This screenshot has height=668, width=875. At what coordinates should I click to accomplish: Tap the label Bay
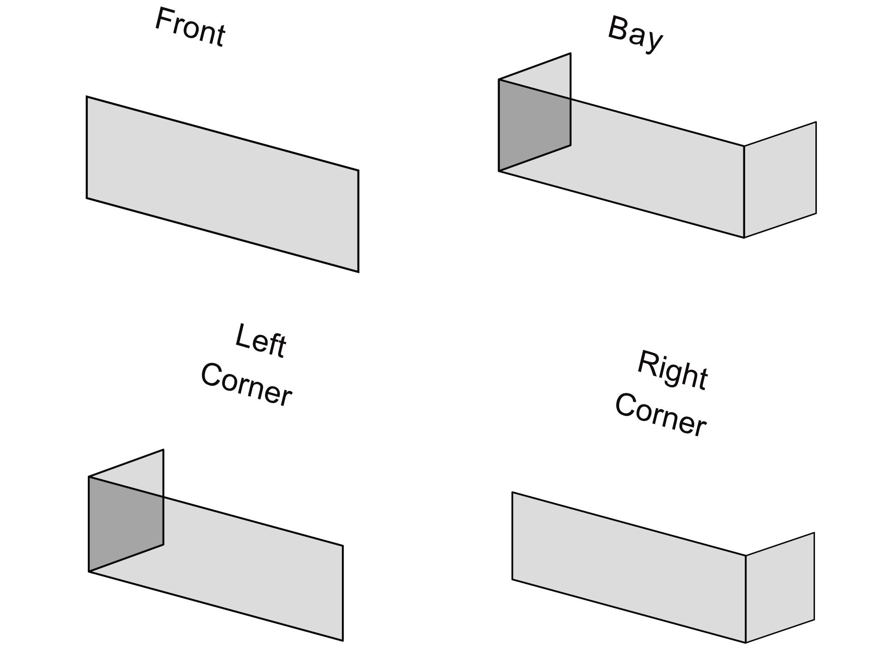[635, 35]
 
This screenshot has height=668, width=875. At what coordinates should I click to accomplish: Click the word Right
[673, 370]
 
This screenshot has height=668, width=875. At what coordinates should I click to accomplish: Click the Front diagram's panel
[222, 184]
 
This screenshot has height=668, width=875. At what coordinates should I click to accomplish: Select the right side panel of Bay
[780, 180]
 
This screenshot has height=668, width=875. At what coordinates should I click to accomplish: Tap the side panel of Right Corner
[780, 587]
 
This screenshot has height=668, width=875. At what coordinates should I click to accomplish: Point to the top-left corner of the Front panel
[87, 97]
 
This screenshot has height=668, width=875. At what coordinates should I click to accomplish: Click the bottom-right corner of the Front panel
[359, 272]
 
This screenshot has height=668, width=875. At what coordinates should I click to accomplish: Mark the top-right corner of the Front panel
[359, 170]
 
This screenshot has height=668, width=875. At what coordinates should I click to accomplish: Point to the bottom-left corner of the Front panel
[87, 199]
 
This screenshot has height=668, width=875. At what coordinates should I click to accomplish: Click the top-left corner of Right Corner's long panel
[512, 493]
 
